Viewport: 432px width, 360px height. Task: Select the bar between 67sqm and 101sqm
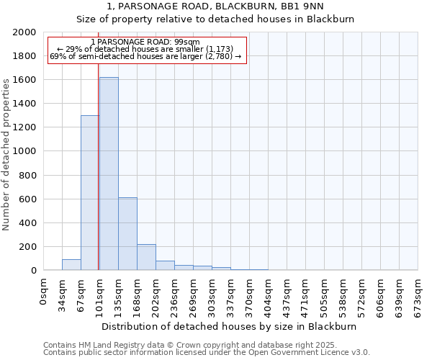pos(90,193)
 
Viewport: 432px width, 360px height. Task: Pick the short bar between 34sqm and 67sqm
pos(71,264)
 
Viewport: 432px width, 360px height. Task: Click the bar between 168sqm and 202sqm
pos(146,257)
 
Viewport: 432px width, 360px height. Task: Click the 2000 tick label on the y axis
pos(25,32)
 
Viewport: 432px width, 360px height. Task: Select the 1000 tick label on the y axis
pos(25,151)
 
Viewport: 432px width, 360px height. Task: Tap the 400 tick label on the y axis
pos(28,222)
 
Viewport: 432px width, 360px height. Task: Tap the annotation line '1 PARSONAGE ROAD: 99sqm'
pos(147,42)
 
